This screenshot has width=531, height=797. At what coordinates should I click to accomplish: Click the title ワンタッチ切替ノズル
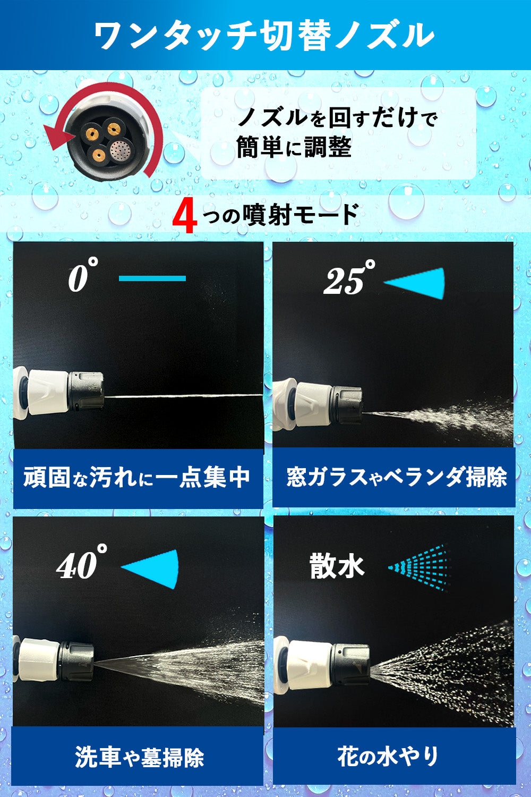tap(264, 36)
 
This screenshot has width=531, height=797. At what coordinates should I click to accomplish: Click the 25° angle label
tap(349, 277)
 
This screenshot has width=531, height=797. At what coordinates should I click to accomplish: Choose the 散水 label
tap(337, 565)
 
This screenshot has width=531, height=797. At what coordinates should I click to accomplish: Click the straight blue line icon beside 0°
tap(152, 278)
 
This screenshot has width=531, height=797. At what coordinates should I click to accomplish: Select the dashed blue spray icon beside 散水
tap(419, 567)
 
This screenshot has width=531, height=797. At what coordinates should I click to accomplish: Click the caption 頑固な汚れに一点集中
tap(136, 477)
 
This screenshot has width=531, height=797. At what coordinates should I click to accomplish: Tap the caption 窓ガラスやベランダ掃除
tap(396, 477)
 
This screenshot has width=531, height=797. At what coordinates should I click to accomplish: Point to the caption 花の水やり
tap(388, 757)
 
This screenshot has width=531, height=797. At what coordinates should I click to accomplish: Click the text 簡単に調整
tap(294, 147)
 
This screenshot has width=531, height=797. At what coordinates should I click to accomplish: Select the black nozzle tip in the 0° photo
tap(87, 391)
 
